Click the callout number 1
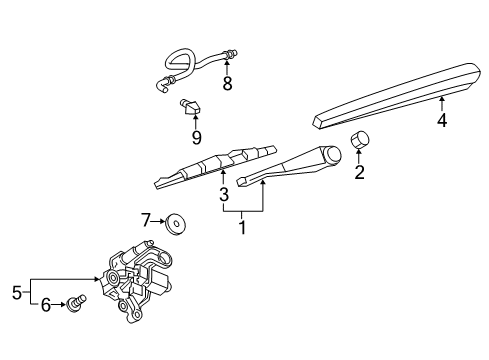(x=240, y=228)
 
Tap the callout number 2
(x=359, y=172)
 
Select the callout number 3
(x=224, y=193)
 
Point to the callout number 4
(x=440, y=122)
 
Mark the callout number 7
(x=146, y=220)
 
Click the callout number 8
(x=227, y=84)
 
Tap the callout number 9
(x=196, y=137)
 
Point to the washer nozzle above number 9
(x=191, y=105)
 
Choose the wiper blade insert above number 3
(x=215, y=165)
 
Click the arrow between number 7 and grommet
(x=160, y=221)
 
